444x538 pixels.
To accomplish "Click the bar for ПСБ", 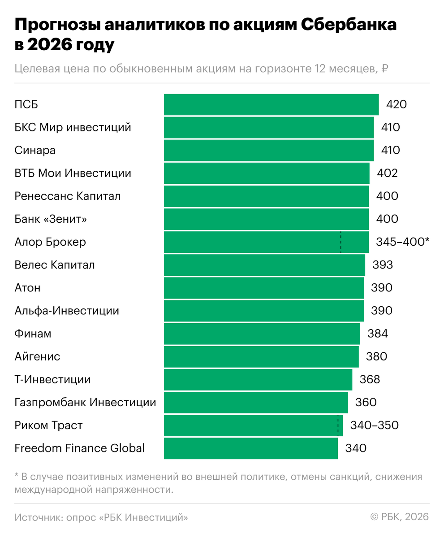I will point(271,104).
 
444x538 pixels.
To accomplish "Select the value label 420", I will point(397,104).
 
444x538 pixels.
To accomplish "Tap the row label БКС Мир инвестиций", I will point(73,127).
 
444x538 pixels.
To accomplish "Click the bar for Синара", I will point(269,150).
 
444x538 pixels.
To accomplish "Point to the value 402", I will point(387,173).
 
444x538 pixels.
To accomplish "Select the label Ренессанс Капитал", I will point(67,196).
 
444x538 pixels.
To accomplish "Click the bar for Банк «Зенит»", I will point(266,219).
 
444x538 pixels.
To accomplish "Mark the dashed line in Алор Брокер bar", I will point(341,242).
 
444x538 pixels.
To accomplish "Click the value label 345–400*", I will point(403,242).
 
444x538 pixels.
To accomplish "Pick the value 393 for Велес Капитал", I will point(383,265).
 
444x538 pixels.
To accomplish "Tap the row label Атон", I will point(27,288).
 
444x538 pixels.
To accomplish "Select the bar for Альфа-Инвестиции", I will point(264,311).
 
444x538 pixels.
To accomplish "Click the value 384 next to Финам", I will point(378,334).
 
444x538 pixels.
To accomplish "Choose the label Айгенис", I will point(37,357).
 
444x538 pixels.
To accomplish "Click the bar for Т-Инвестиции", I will point(258,380).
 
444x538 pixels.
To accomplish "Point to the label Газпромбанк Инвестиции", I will point(85,403).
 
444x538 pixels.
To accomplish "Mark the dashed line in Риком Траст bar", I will point(338,425).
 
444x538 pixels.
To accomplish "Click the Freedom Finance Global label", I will point(80,448).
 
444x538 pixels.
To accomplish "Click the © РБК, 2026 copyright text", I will point(400,517).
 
